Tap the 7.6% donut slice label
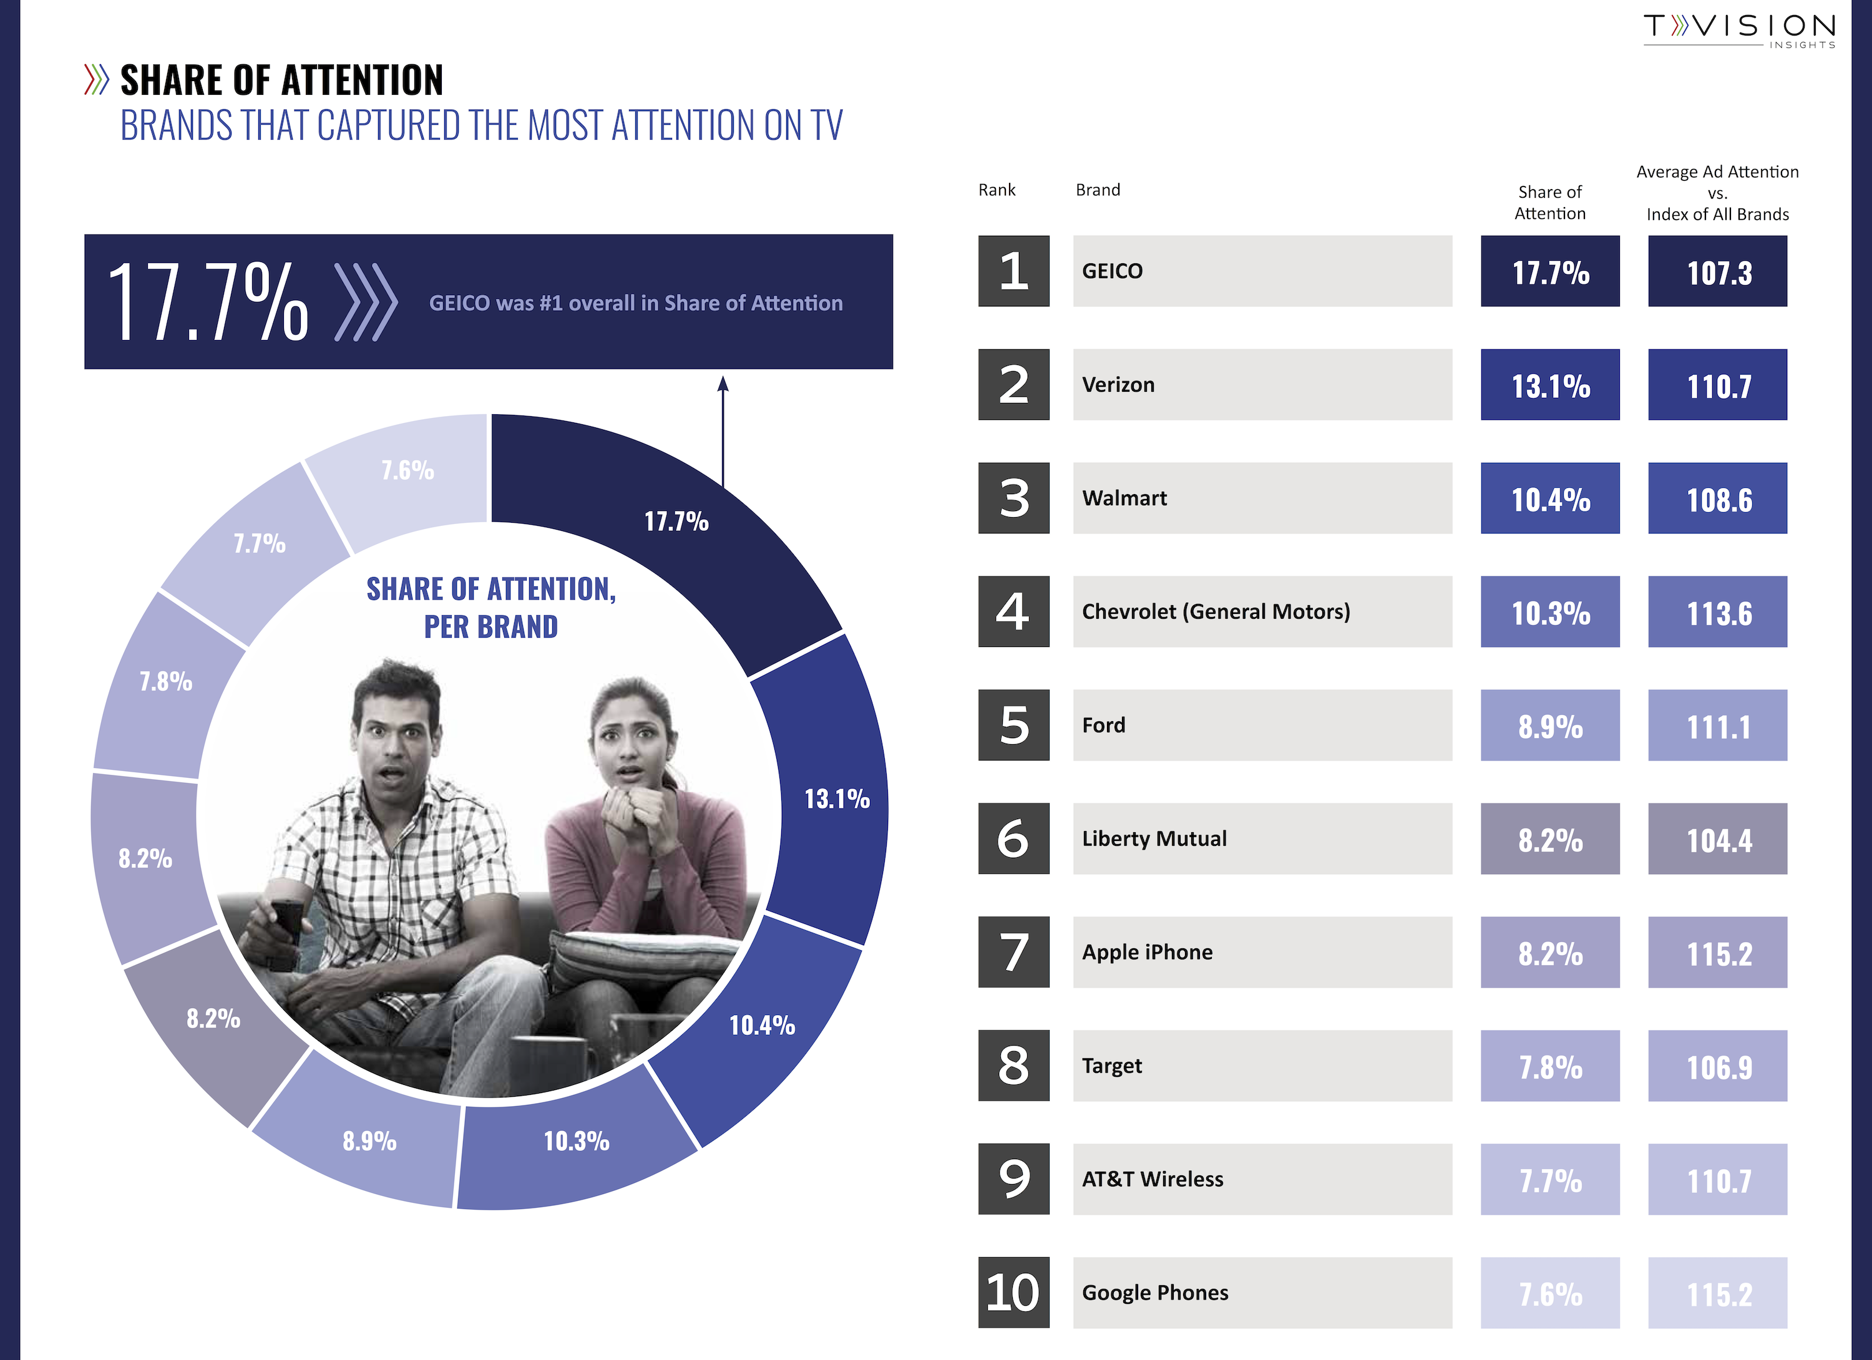pos(407,470)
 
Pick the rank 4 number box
pos(1013,611)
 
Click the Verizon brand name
pos(1118,384)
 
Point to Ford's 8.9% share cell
pos(1549,726)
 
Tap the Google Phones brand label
pos(1155,1293)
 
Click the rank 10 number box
pos(1013,1293)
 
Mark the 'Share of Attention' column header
pos(1549,202)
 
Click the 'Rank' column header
pos(997,190)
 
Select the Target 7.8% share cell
pos(1549,1066)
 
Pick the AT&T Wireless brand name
pos(1153,1179)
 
